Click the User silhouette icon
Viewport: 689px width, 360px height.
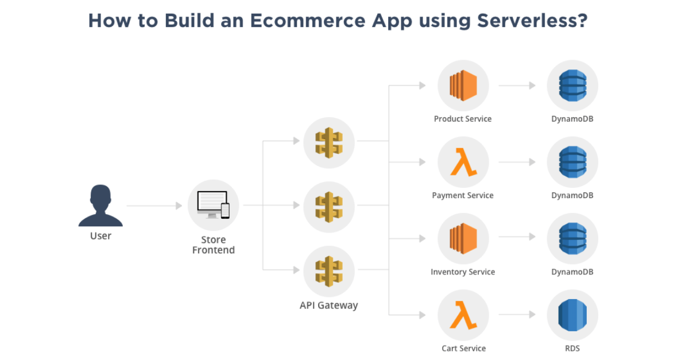100,206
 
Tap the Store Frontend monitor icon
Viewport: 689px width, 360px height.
214,205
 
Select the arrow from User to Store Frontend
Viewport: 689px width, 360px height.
154,206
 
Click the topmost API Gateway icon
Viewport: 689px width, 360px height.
329,143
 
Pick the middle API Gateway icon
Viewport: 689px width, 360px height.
329,207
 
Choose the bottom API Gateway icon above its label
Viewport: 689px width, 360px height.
329,272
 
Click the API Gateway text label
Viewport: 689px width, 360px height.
329,305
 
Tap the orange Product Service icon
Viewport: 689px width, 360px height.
463,86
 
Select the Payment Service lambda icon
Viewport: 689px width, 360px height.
463,162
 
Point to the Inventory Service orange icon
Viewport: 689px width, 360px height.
463,239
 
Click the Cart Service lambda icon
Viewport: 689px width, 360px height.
463,315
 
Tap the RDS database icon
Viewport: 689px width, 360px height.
572,315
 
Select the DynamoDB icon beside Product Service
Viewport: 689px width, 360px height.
572,86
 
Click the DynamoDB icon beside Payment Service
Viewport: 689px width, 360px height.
572,162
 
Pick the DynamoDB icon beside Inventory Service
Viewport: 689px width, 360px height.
572,239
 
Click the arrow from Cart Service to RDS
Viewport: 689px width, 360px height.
517,315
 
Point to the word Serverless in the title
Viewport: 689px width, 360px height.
532,21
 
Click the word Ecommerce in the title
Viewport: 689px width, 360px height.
308,21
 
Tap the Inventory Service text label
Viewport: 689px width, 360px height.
463,272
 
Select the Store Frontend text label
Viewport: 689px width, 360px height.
214,245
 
